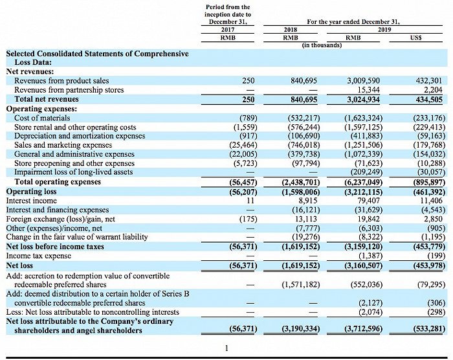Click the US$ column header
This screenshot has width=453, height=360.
coord(416,38)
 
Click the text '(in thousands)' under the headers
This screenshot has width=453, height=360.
coord(321,45)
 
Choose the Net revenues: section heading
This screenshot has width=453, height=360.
coord(30,71)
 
